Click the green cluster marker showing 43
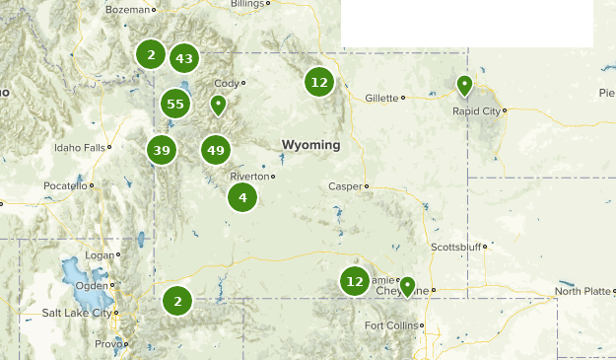coord(183,58)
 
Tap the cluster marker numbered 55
coord(175,104)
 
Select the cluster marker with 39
coord(162,150)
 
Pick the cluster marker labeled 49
coord(215,150)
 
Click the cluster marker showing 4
coord(242,197)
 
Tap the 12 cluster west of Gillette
coord(318,82)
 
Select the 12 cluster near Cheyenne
coord(355,281)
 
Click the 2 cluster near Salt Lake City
coord(177,300)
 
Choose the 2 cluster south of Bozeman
coord(151,54)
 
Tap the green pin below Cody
coord(219,104)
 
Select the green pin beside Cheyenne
coord(406,287)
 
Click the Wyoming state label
coord(310,145)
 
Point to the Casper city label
coord(345,185)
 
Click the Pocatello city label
coord(65,185)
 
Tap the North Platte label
coord(582,291)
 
